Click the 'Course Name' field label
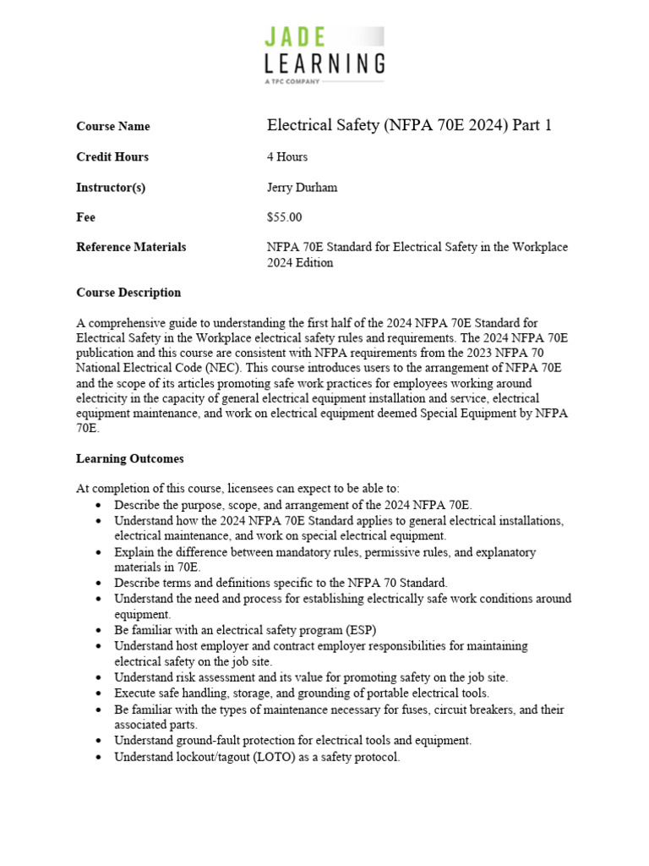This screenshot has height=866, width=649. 112,126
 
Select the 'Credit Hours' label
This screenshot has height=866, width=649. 112,156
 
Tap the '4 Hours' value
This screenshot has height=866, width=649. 287,156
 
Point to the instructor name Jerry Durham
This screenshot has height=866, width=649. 302,187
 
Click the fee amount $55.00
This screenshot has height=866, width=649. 284,217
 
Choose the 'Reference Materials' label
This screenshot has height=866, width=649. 131,247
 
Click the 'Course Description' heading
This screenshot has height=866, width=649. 128,293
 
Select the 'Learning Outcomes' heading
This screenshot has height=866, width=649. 129,458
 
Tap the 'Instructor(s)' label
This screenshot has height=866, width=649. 111,187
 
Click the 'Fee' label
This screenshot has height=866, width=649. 85,217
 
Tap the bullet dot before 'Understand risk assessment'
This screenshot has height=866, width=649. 100,677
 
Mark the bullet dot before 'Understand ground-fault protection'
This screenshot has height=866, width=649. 100,741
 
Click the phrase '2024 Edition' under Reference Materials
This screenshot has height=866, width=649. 300,262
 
